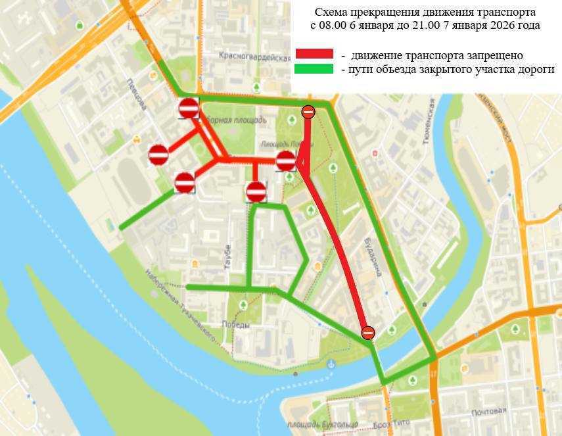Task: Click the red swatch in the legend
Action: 314,54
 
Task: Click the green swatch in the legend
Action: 314,68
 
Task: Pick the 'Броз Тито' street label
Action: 390,424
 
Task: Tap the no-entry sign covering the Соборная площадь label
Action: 189,108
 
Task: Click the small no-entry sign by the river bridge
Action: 368,333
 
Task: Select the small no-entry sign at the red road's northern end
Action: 308,112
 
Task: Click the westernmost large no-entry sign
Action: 158,155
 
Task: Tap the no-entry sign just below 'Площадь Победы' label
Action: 286,160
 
